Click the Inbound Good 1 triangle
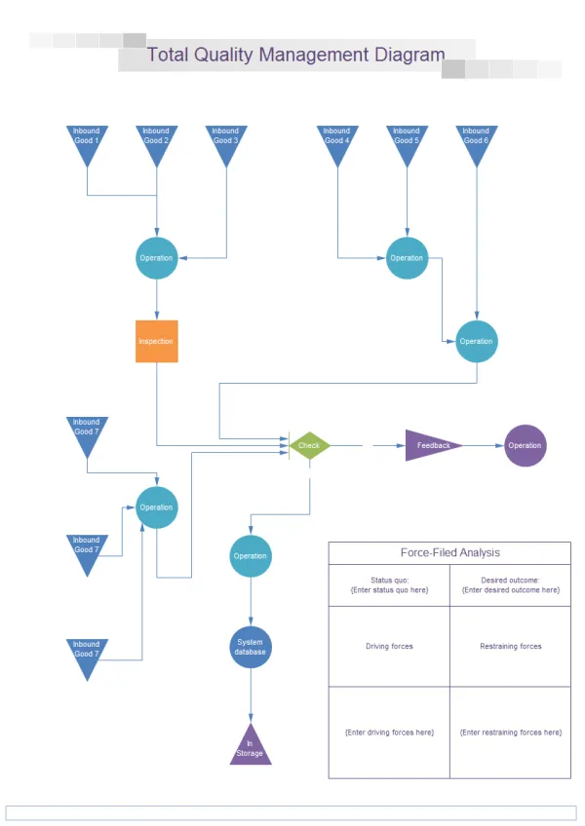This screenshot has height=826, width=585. tap(87, 140)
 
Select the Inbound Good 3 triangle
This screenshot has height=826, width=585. tap(225, 140)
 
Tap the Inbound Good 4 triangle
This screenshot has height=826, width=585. tap(336, 140)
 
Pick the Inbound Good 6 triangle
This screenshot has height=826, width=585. tap(476, 140)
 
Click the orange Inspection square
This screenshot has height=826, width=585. tap(156, 342)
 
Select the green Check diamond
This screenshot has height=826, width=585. tap(309, 445)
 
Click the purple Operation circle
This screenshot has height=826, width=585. tap(525, 445)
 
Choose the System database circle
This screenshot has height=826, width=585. tap(250, 647)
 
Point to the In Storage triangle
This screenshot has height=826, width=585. tap(250, 748)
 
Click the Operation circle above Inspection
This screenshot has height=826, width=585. tap(156, 258)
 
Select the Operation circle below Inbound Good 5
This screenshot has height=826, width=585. tap(407, 258)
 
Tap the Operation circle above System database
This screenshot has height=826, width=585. tap(250, 556)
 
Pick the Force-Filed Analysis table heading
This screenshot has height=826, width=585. tap(449, 552)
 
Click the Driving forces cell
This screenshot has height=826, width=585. tap(389, 647)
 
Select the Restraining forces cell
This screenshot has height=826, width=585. tap(510, 647)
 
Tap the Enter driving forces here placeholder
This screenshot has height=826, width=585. tap(389, 732)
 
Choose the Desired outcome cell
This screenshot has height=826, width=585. tap(510, 585)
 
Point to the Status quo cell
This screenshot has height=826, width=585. tap(389, 585)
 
